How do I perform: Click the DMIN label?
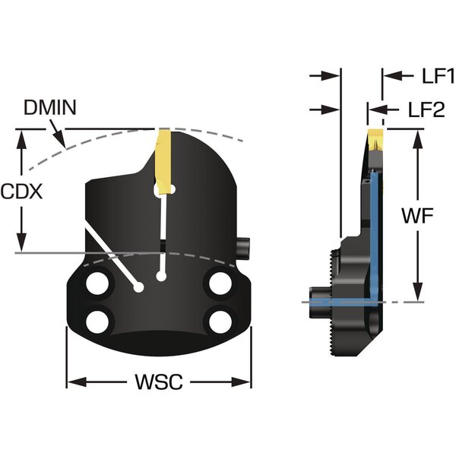(49, 107)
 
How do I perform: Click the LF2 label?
(426, 110)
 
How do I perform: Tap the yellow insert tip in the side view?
(375, 138)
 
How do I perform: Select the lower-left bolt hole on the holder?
(98, 321)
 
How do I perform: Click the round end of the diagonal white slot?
(138, 287)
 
